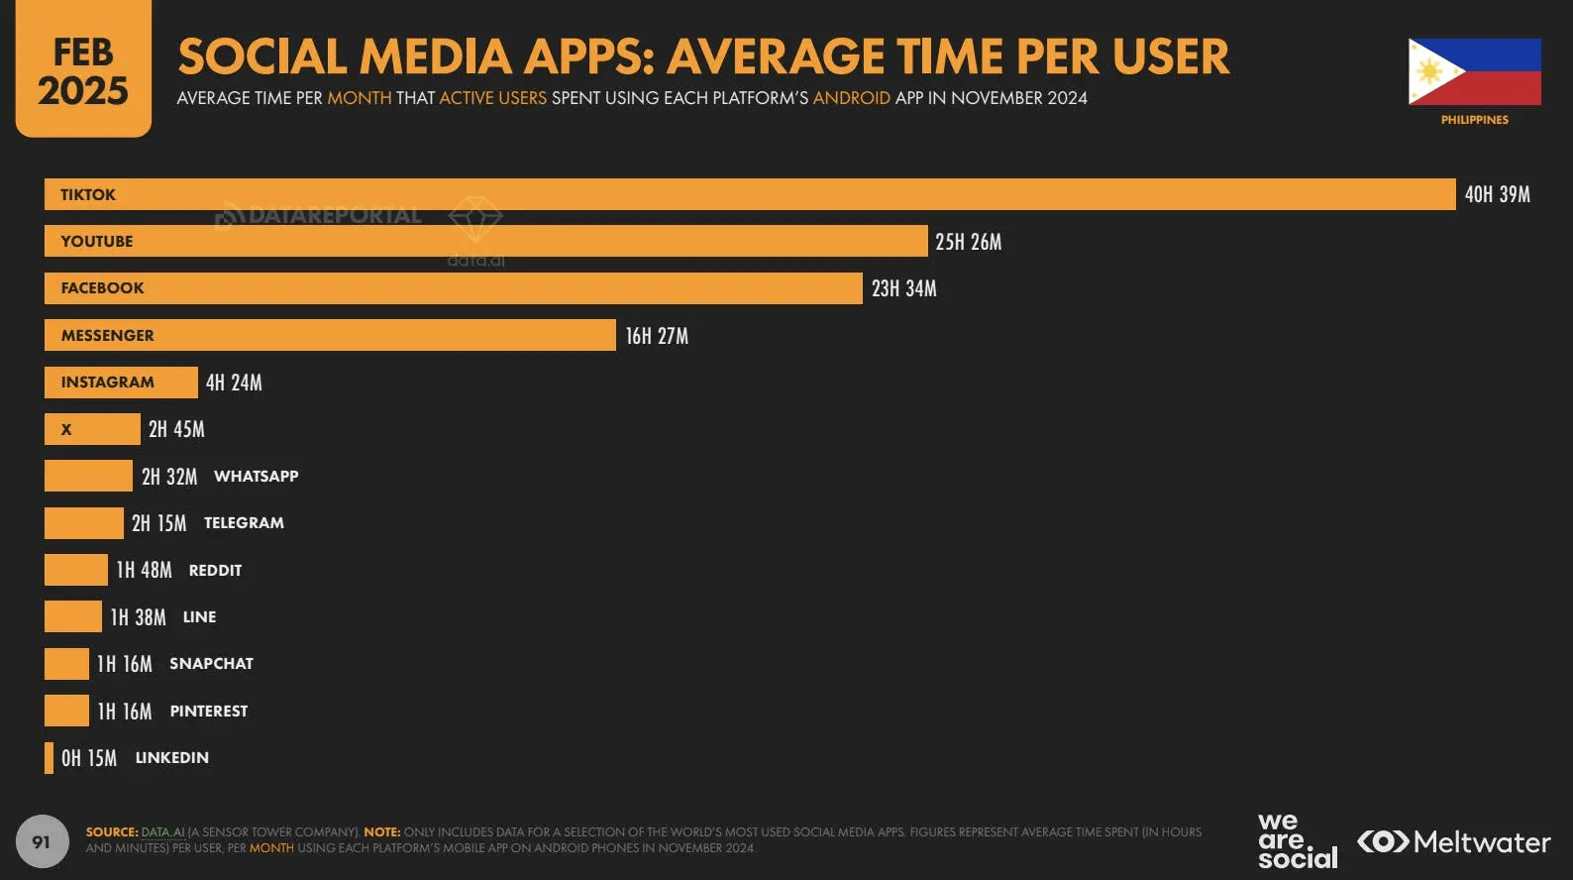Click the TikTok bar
(x=750, y=194)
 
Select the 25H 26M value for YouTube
(x=968, y=242)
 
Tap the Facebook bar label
(x=102, y=288)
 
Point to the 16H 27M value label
(x=657, y=336)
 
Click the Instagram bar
(x=121, y=383)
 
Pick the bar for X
(x=92, y=429)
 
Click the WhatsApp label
(x=256, y=477)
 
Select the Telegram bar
(x=84, y=523)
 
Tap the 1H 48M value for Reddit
(x=144, y=570)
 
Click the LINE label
(x=199, y=617)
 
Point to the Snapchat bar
(x=66, y=664)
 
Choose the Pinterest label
(x=208, y=712)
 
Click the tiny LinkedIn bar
(x=49, y=758)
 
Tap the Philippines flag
(x=1474, y=71)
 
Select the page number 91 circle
(x=42, y=841)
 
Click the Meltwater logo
(x=1453, y=842)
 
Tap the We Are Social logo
(x=1297, y=841)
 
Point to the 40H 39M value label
(x=1497, y=194)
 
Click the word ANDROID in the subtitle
(x=851, y=98)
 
